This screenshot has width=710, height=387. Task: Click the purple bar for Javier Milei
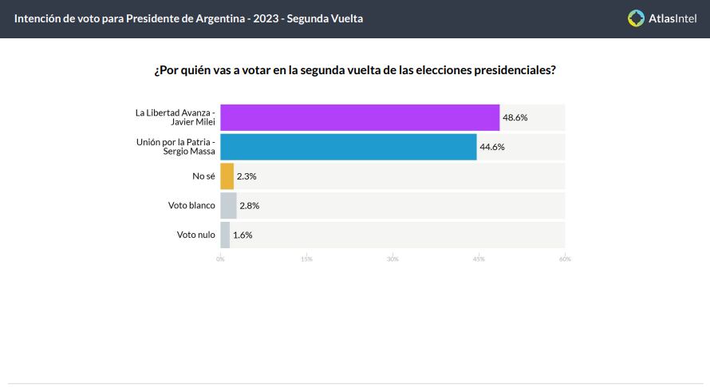point(360,117)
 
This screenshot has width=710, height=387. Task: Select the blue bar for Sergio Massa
point(349,147)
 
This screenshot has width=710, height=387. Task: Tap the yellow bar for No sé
point(227,176)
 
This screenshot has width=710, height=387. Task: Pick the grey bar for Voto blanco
point(228,205)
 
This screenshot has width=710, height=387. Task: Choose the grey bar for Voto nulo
point(225,235)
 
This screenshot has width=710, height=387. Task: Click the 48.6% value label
point(515,117)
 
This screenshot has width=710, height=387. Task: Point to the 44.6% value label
point(492,147)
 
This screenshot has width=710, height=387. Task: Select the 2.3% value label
point(247,176)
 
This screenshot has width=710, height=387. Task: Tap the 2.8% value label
point(250,205)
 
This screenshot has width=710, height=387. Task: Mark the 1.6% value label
point(243,235)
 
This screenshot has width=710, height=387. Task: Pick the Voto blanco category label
point(191,205)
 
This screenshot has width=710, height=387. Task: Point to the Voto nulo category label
point(196,235)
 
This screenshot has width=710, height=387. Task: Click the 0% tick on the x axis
point(220,259)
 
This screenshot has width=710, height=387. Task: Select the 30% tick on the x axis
point(392,259)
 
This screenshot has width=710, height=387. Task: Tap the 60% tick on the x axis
point(565,259)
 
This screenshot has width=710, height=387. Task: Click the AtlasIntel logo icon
point(636,18)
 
